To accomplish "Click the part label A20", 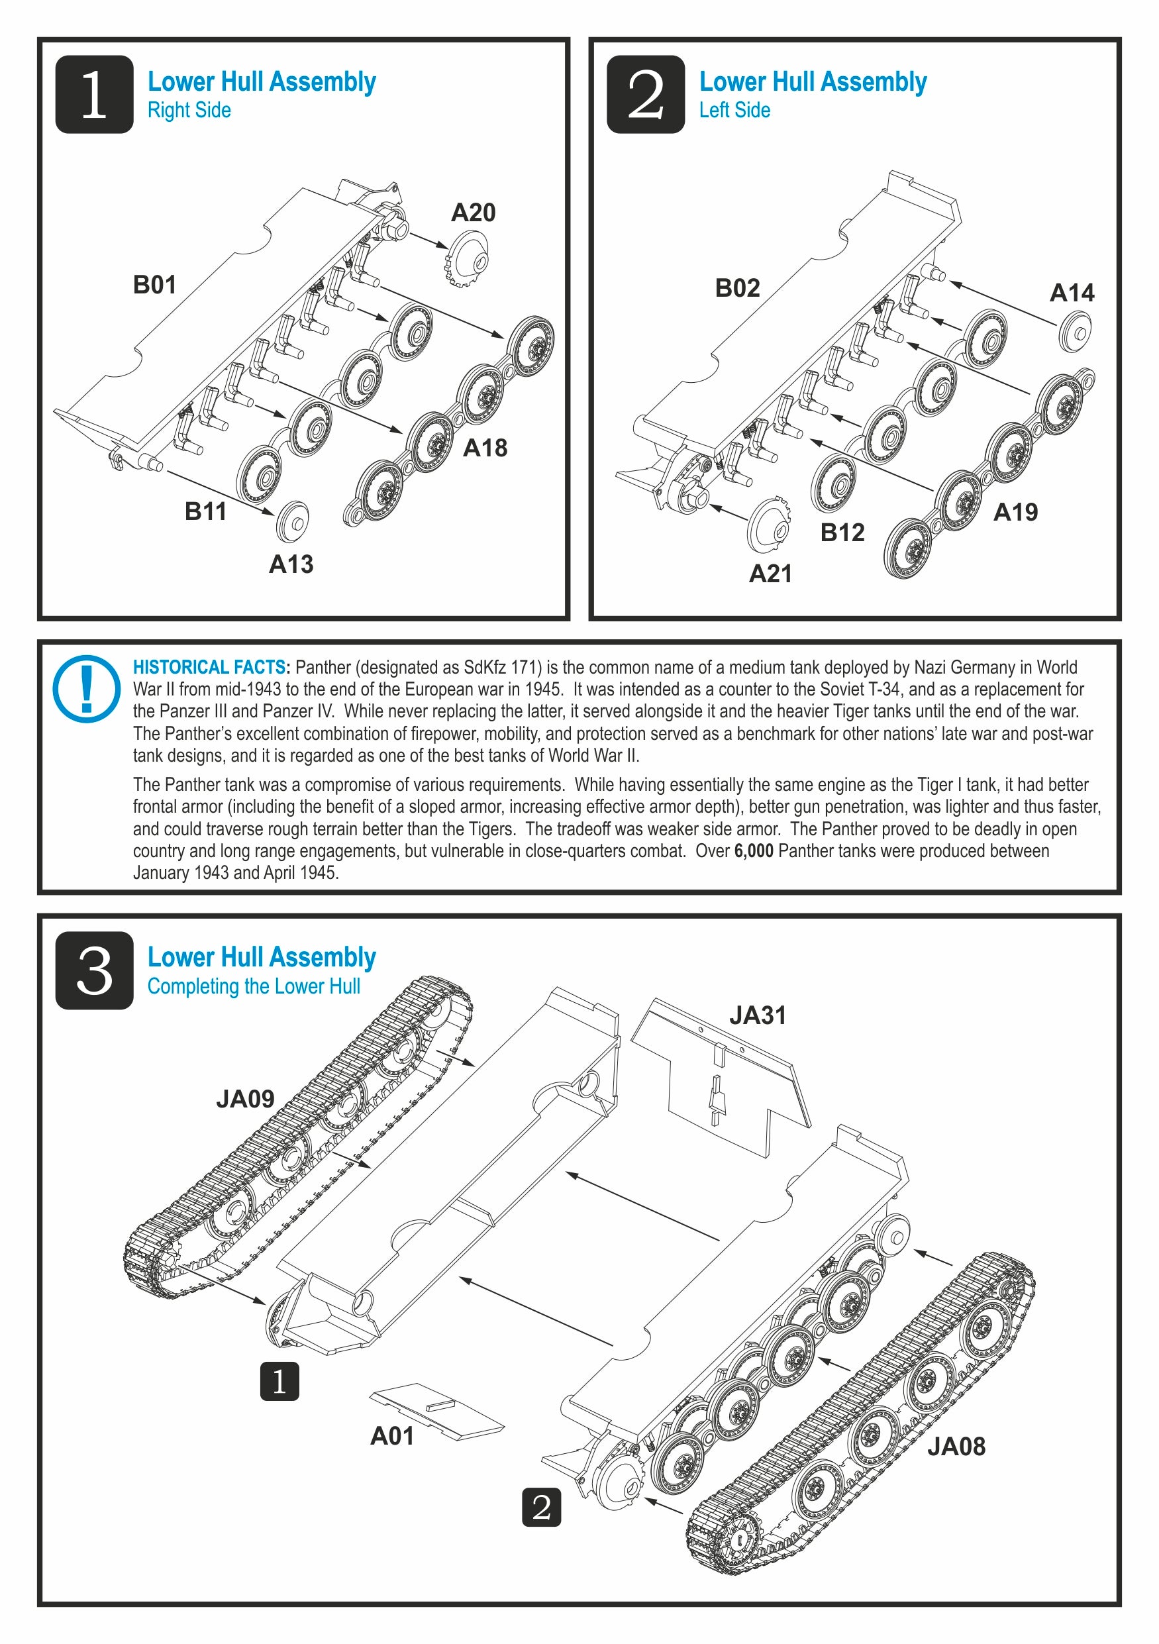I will click(x=472, y=213).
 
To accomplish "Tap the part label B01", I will click(x=154, y=285).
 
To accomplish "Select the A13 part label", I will click(x=291, y=564).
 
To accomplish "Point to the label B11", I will click(x=205, y=511).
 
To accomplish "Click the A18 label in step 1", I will click(x=485, y=448).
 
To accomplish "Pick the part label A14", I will click(x=1071, y=293).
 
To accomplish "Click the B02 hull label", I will click(x=736, y=288).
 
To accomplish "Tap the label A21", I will click(x=770, y=574).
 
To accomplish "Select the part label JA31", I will click(x=758, y=1015).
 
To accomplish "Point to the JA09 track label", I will click(x=245, y=1099).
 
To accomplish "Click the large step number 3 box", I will click(x=95, y=971).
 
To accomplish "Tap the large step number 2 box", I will click(x=645, y=95).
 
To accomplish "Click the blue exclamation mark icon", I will click(x=87, y=689).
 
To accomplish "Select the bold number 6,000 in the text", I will click(x=753, y=851).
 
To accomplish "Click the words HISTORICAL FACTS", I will click(x=209, y=668).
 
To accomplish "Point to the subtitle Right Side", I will click(x=189, y=110).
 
